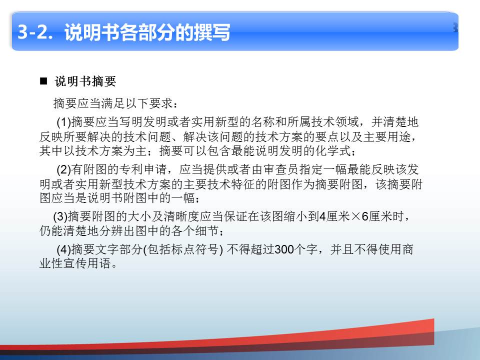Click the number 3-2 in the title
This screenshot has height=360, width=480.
click(32, 31)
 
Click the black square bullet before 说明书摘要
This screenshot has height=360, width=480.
click(43, 81)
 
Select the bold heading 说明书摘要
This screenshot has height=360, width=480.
click(85, 81)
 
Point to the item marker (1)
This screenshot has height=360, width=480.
click(63, 122)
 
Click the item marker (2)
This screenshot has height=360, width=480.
click(63, 169)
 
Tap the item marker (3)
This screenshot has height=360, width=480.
click(60, 216)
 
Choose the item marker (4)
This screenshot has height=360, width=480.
click(63, 249)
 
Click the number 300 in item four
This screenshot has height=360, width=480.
click(284, 249)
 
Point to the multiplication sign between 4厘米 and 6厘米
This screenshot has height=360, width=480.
click(355, 216)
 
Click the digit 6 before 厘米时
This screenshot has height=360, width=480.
click(365, 216)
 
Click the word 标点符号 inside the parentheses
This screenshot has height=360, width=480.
click(195, 249)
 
